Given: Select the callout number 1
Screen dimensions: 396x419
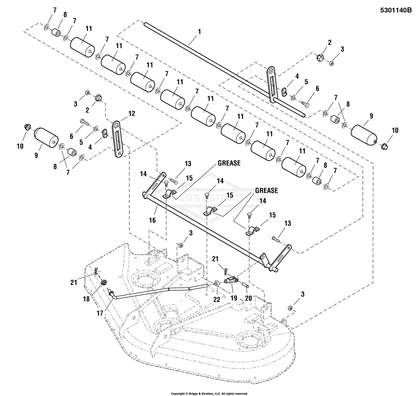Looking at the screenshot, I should click(x=199, y=32).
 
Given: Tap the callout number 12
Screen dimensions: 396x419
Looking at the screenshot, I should click(x=132, y=113).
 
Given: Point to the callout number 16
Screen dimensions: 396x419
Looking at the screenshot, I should click(x=152, y=220).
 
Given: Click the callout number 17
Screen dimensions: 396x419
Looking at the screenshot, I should click(x=100, y=313).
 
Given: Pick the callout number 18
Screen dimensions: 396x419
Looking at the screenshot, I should click(x=86, y=299).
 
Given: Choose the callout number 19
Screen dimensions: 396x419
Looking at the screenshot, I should click(x=234, y=298).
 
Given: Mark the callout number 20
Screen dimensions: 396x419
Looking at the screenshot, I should click(x=248, y=298).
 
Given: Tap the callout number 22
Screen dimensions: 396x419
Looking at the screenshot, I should click(x=217, y=300).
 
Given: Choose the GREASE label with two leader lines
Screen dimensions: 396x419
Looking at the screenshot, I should click(x=266, y=190).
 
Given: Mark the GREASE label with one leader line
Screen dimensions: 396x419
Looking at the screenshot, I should click(x=229, y=163).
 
